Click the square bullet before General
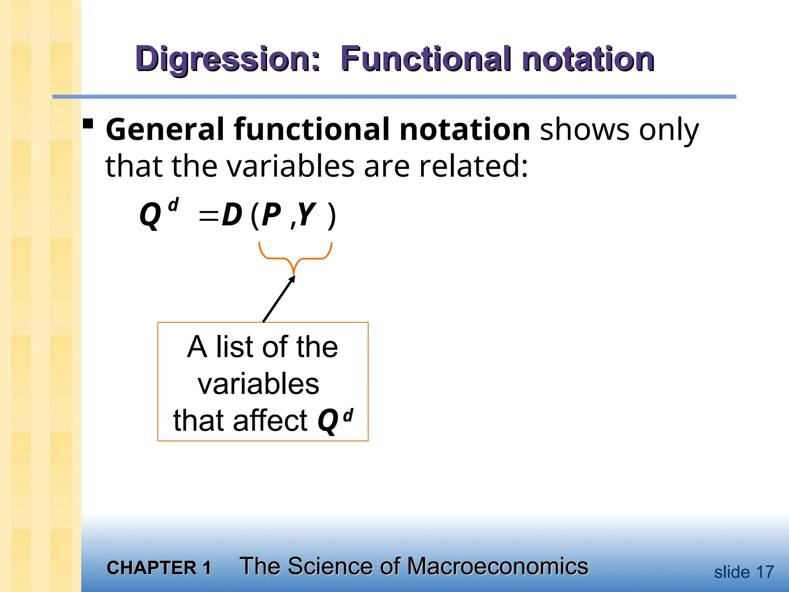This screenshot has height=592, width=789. tap(88, 124)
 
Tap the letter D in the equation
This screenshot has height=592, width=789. tap(232, 215)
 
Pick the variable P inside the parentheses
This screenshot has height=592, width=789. tap(271, 215)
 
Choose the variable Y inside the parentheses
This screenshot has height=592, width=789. tap(307, 215)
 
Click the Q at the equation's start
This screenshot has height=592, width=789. tap(150, 216)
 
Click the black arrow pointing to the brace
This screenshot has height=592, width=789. tap(279, 299)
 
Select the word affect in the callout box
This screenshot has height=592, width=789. tap(270, 420)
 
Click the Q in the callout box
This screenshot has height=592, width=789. tap(328, 421)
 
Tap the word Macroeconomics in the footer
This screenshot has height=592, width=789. tap(497, 566)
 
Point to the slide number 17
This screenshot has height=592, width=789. tap(765, 572)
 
